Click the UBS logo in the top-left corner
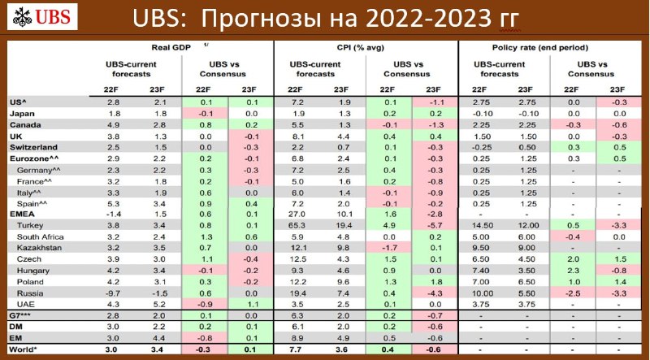42,16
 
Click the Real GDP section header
171,47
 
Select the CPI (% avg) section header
360,47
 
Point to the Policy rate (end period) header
540,47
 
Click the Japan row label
22,114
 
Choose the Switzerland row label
33,147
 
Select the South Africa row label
40,236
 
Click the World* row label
23,349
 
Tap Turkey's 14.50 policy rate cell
482,225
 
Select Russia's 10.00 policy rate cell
482,293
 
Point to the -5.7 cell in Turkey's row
434,225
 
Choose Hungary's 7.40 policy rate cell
482,271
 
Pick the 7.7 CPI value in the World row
295,349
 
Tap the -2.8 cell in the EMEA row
434,214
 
